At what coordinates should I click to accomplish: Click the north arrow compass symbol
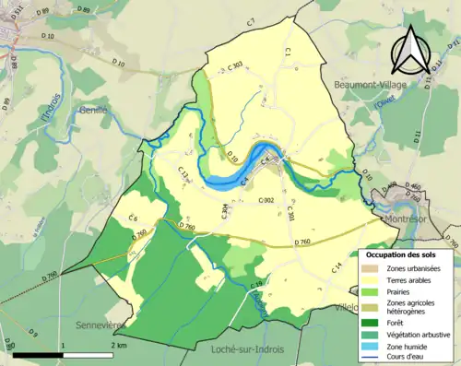pos(410,51)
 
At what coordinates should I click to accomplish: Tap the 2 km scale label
pos(118,345)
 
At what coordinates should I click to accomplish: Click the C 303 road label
pos(233,66)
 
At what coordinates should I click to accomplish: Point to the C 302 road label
pos(267,200)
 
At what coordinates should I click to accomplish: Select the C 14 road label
pos(337,267)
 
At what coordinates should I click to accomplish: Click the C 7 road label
pos(250,21)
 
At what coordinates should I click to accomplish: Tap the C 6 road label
pos(134,218)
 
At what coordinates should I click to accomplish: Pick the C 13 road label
pos(183,172)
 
